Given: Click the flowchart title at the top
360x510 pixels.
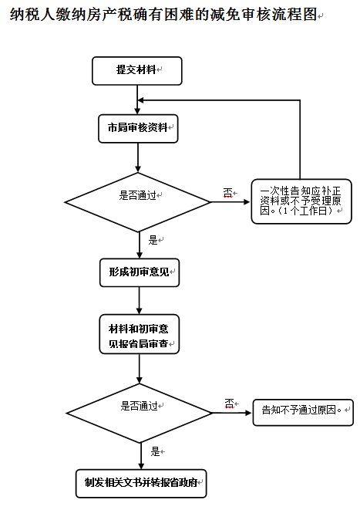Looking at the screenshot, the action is tap(163, 15).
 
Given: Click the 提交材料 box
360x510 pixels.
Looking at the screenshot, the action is tap(136, 71).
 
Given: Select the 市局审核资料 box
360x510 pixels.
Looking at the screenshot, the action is tap(138, 129).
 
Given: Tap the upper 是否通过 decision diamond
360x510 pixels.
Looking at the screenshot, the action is tap(138, 202).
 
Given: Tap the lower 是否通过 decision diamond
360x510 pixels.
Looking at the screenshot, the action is tap(139, 413).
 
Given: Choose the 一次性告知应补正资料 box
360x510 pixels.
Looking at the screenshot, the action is tap(301, 201).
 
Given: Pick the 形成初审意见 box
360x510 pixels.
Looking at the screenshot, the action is tap(140, 272).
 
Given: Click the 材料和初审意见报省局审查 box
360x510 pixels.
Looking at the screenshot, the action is tap(140, 334).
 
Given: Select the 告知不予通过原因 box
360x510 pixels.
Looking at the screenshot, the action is tap(303, 413).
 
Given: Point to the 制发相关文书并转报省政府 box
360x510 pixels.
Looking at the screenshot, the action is tap(141, 483).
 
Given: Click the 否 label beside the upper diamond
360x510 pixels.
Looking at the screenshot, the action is tap(228, 193).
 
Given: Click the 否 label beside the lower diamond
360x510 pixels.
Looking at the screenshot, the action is tap(230, 404).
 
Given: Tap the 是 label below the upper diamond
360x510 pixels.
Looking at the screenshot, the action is tap(153, 241).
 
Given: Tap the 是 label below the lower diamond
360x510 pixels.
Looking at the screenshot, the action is tap(155, 451).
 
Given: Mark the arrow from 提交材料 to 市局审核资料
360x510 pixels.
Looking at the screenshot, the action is tap(137, 100).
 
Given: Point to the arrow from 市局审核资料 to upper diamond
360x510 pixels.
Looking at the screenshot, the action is tap(138, 157).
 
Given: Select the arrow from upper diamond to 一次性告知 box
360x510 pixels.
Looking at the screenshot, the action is tap(230, 202).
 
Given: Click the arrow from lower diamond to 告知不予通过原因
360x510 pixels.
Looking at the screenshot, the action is tap(232, 413).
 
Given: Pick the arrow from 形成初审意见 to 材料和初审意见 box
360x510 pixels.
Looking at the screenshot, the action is tap(140, 301).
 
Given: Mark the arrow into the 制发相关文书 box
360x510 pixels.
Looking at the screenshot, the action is tap(141, 456).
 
